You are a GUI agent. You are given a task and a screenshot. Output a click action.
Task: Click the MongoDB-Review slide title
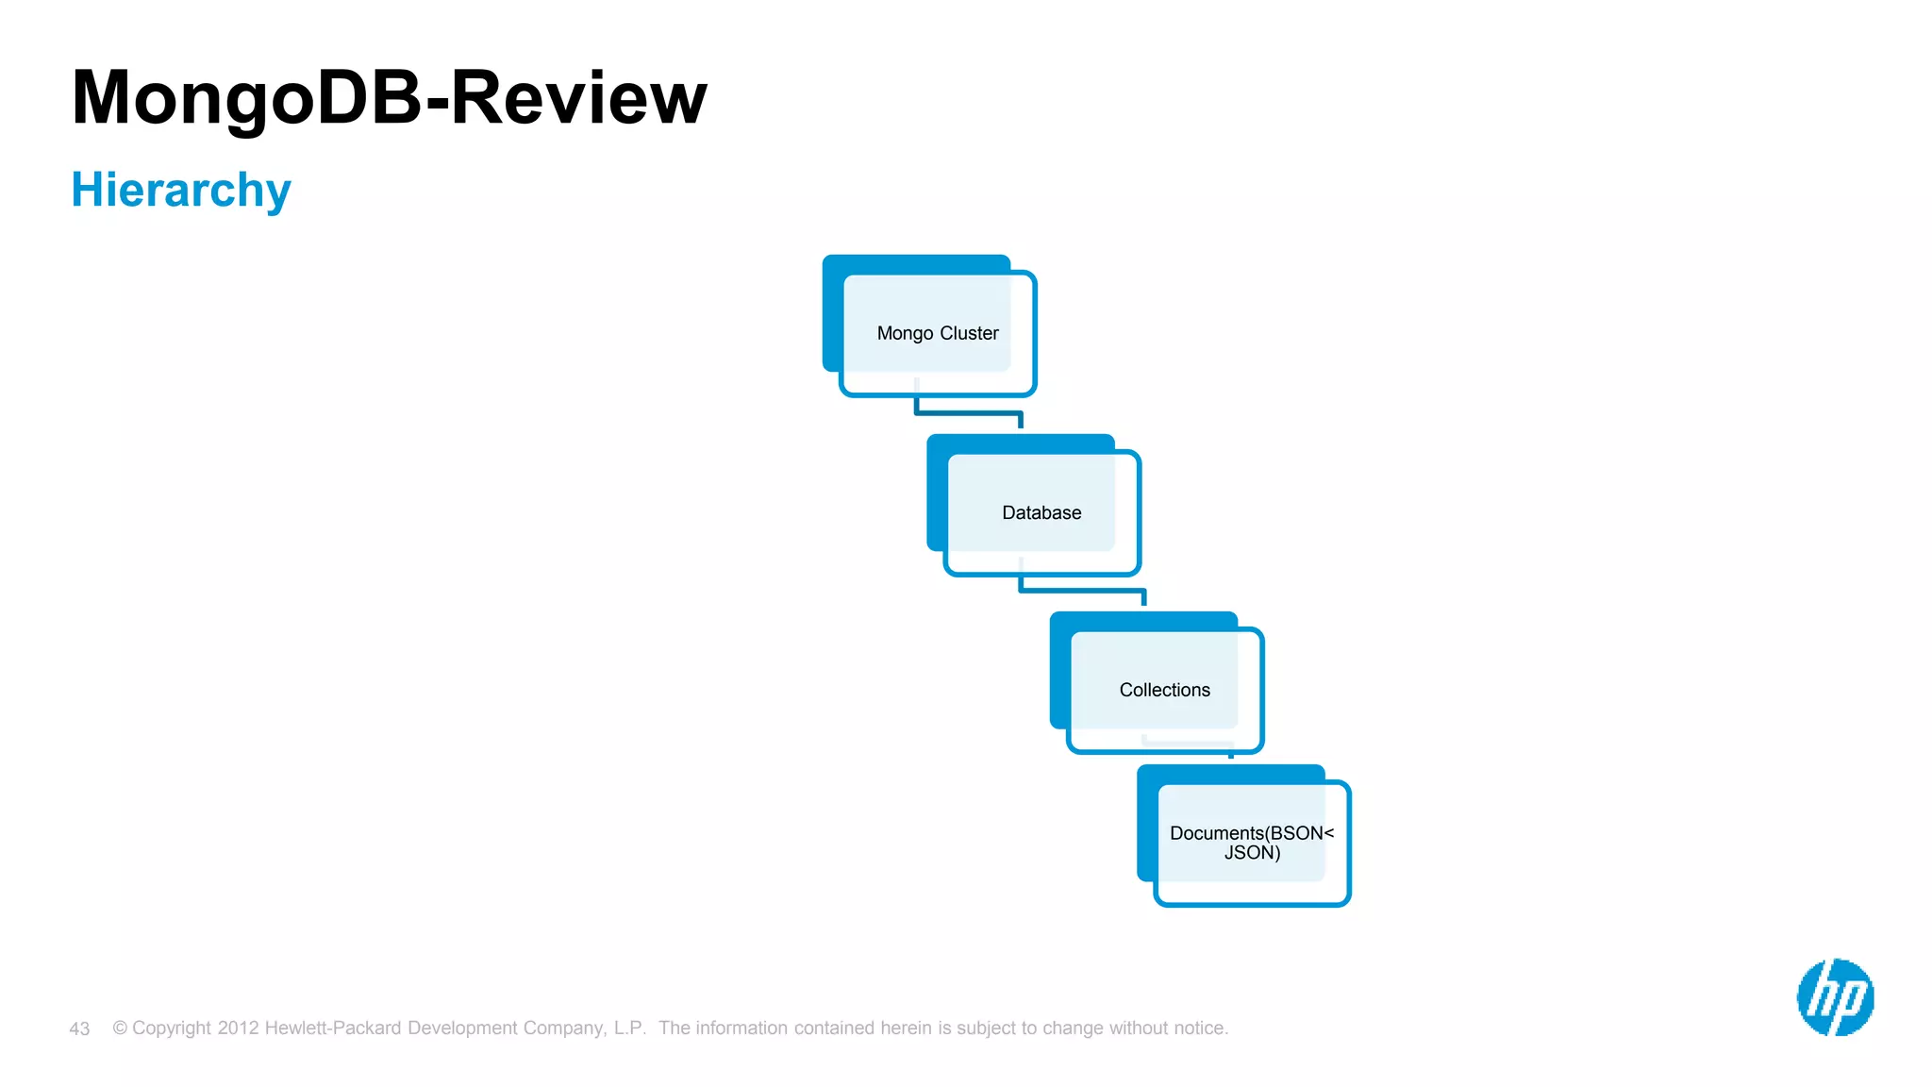tap(389, 97)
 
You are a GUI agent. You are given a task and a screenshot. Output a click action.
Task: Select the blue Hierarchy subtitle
tap(181, 190)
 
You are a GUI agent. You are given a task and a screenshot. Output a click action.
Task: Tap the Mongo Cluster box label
tap(937, 333)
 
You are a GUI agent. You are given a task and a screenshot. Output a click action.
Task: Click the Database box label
tap(1041, 512)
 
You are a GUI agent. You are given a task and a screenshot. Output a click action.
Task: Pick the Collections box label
tap(1164, 690)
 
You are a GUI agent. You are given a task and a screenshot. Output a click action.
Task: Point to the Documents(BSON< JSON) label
tap(1252, 843)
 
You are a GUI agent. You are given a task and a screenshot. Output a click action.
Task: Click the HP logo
tap(1835, 997)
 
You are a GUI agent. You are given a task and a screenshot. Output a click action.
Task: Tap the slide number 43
tap(79, 1028)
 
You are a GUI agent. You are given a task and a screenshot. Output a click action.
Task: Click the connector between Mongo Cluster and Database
tap(969, 412)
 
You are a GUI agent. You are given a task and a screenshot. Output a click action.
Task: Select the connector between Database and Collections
tap(1082, 591)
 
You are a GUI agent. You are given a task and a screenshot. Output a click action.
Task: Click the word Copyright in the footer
tap(172, 1028)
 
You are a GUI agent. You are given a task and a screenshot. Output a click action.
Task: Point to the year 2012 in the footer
tap(238, 1028)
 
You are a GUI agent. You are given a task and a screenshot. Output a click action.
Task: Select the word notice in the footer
tap(1201, 1028)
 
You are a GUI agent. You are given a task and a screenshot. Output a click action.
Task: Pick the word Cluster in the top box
tap(969, 333)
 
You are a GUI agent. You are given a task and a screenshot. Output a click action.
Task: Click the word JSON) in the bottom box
tap(1252, 853)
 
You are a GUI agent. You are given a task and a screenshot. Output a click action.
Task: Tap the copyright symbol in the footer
tap(120, 1028)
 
